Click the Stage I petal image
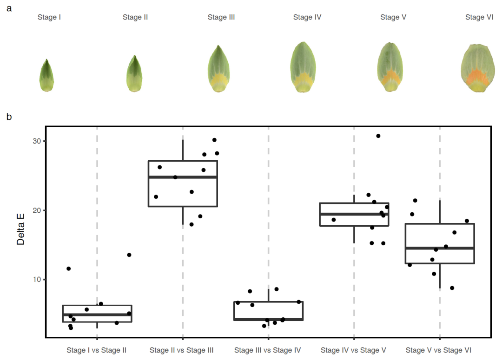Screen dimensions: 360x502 46,76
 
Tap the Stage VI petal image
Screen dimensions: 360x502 478,68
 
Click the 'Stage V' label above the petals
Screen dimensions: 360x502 393,18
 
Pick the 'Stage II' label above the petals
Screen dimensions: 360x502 135,18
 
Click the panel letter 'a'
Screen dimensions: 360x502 9,7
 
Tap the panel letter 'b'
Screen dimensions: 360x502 9,116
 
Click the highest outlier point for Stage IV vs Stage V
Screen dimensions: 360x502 378,136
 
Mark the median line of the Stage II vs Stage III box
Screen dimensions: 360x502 183,177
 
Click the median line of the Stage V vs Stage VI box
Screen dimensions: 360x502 440,248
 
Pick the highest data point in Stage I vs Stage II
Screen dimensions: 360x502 129,255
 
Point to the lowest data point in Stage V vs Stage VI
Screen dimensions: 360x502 452,288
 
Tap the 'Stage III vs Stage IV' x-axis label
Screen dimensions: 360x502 268,350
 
